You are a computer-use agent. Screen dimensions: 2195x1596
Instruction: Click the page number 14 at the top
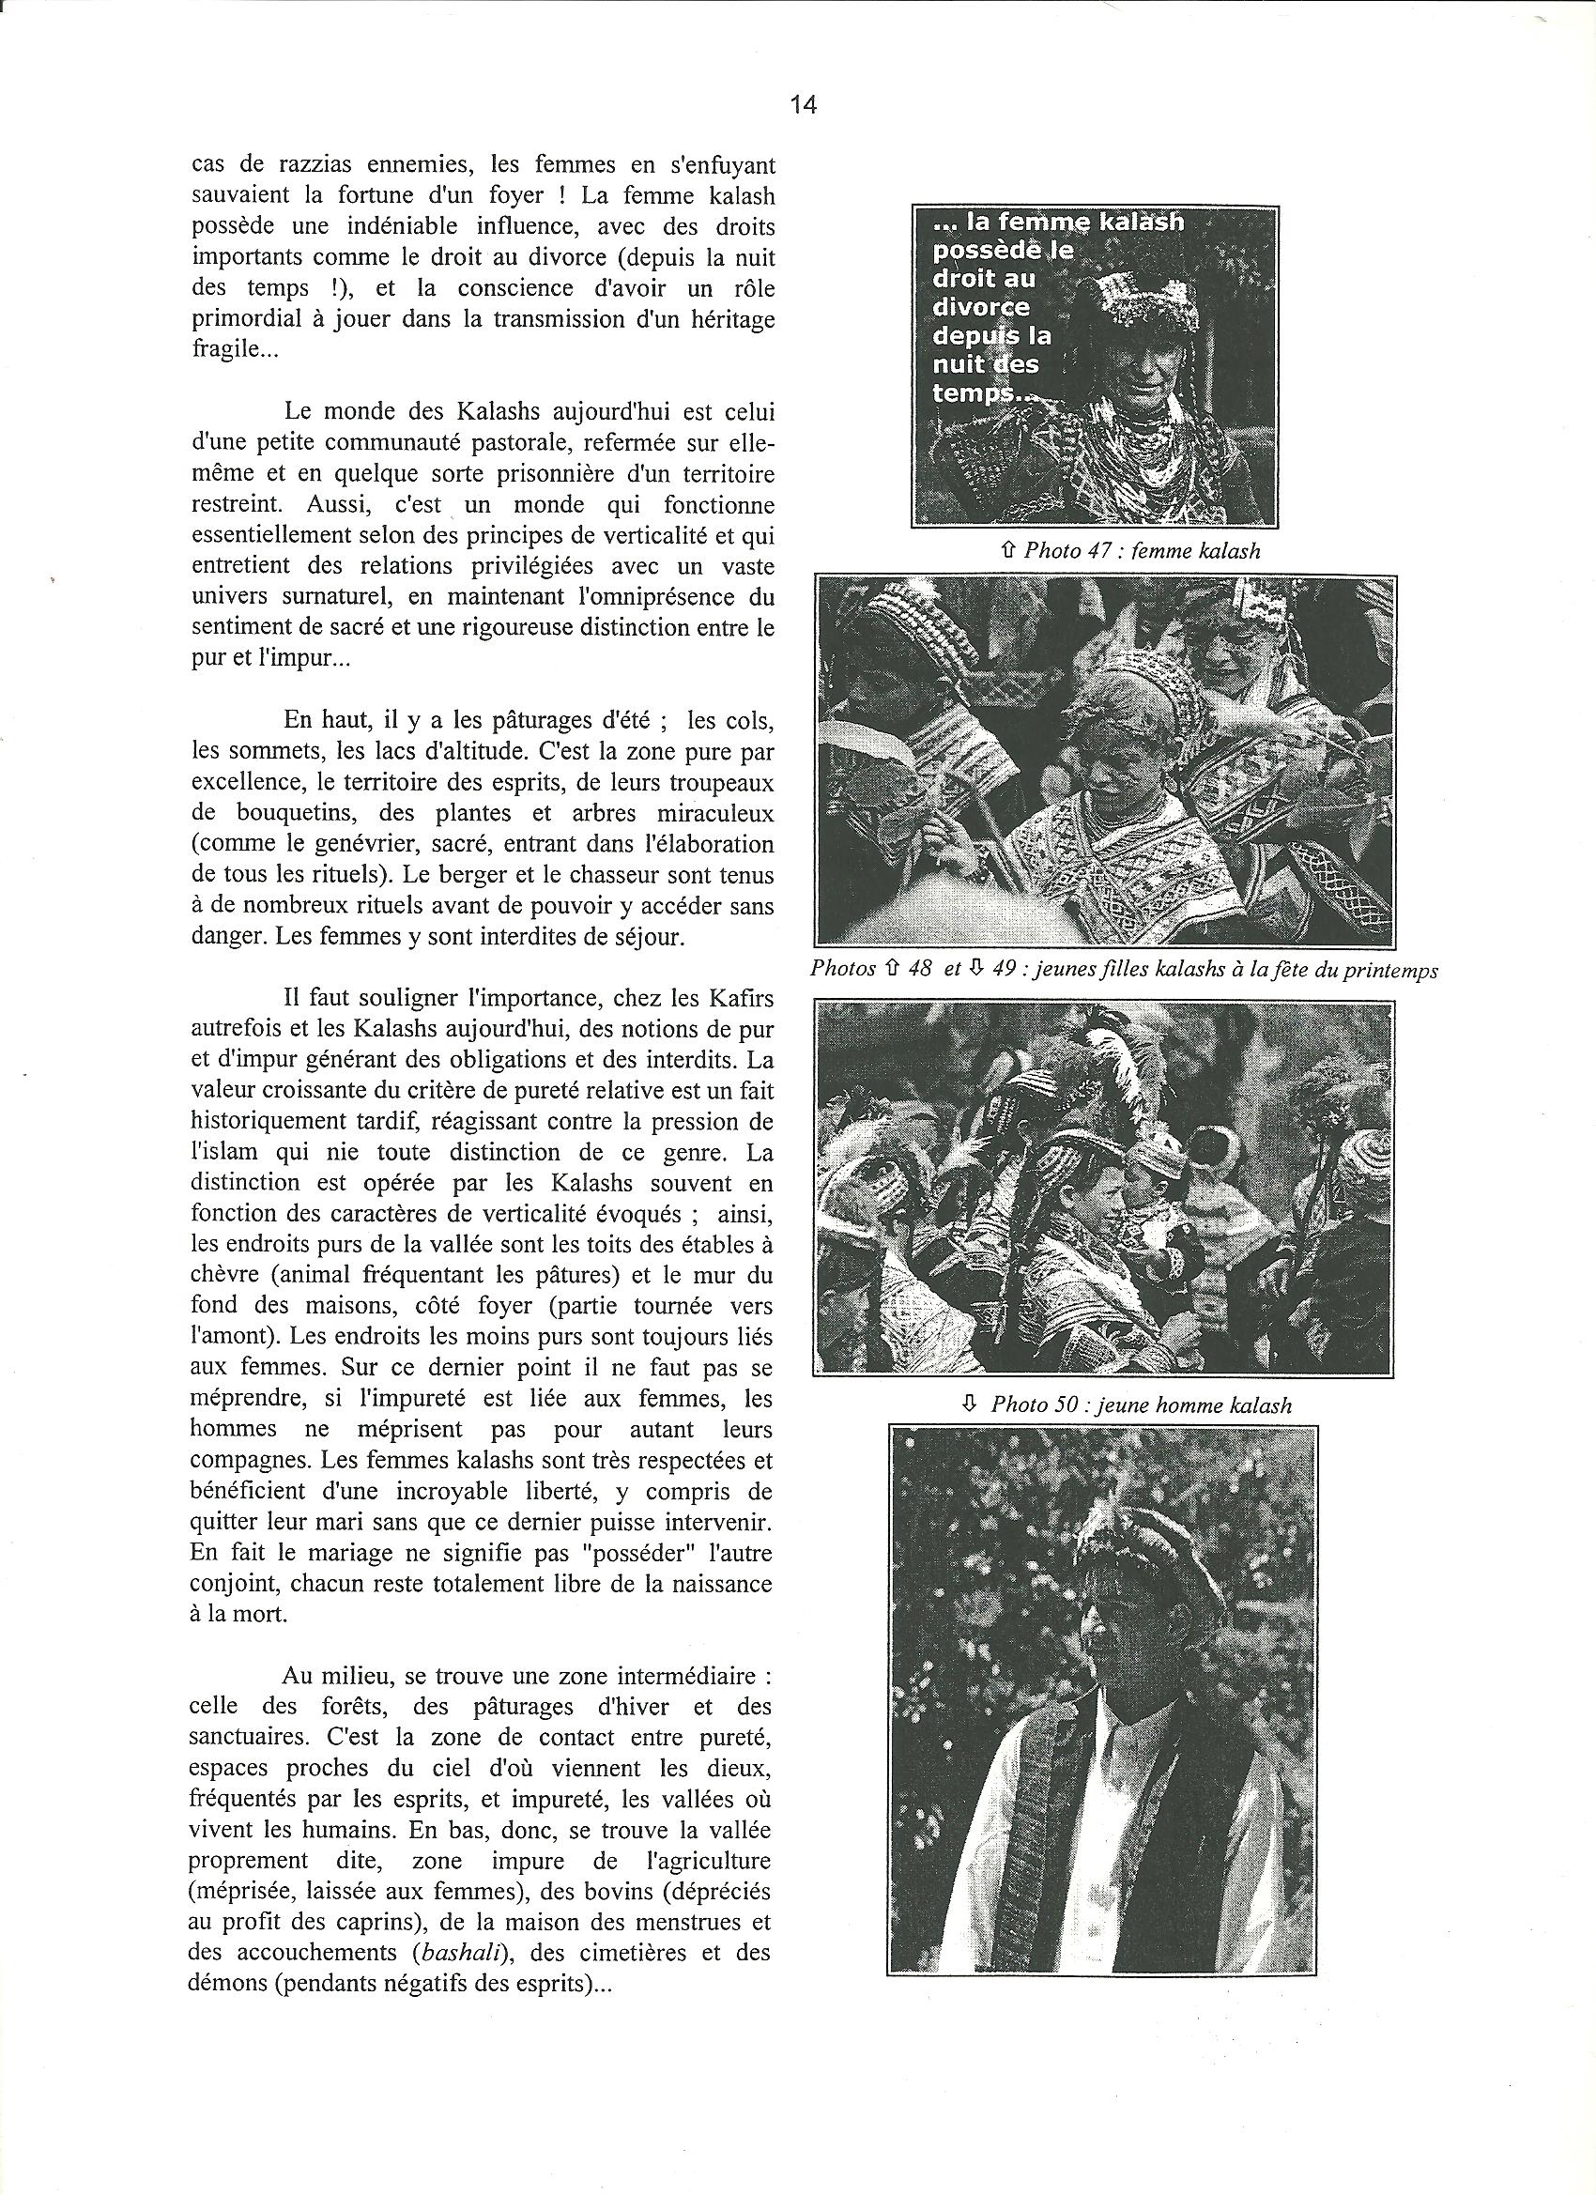coord(804,105)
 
